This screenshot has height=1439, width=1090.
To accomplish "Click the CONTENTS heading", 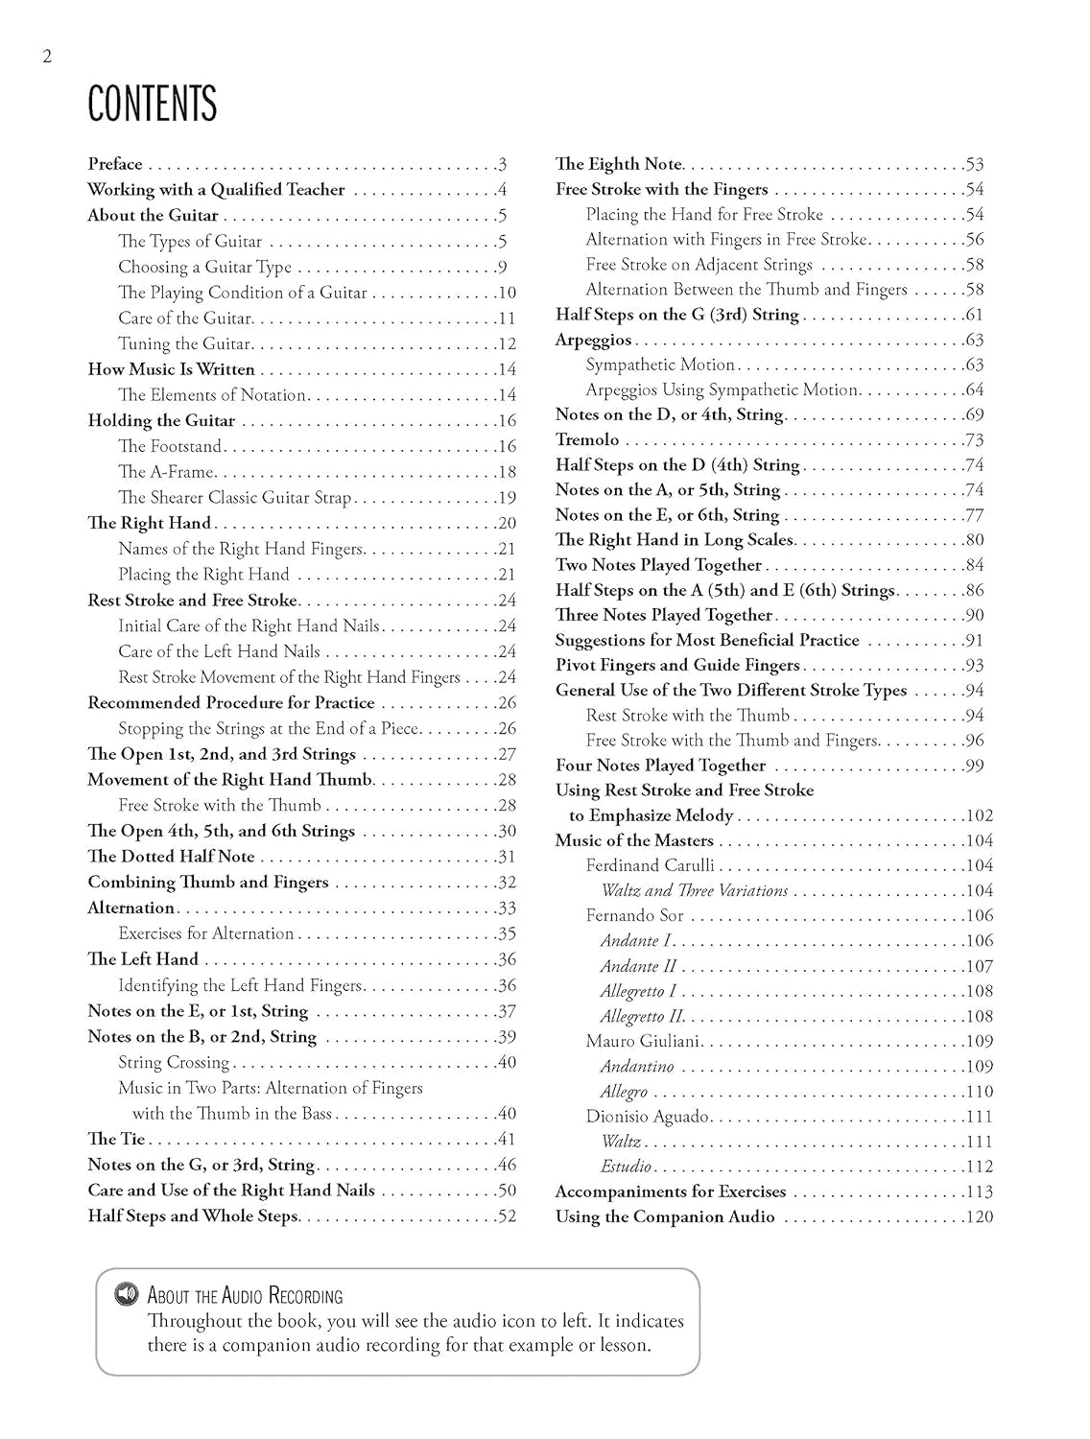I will tap(152, 104).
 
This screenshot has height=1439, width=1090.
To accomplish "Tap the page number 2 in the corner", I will tap(47, 57).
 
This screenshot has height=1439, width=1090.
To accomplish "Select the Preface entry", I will tap(115, 164).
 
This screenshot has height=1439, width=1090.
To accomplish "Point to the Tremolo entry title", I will tap(587, 440).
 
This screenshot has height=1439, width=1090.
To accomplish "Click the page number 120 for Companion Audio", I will tap(979, 1217).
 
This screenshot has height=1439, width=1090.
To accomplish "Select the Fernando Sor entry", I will tap(634, 916).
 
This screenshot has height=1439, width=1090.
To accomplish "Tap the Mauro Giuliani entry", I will tap(644, 1042).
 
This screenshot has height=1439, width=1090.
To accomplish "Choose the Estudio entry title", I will tap(626, 1167).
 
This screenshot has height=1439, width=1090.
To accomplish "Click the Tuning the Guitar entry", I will tap(184, 343).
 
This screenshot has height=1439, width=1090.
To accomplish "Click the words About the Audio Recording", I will tap(245, 1296).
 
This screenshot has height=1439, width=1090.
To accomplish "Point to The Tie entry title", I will tap(116, 1140).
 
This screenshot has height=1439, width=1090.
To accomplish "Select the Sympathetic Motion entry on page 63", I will tap(660, 365).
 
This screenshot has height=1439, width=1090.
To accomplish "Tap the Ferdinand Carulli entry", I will tap(650, 865).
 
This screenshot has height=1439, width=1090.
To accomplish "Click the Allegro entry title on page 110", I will tap(624, 1092).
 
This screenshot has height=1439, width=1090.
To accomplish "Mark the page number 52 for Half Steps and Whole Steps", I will tap(507, 1216).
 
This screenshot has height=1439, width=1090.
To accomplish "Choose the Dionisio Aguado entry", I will tap(648, 1117).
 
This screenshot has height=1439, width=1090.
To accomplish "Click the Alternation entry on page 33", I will tap(131, 908).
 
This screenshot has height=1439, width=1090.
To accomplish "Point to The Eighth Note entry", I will tap(619, 164).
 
